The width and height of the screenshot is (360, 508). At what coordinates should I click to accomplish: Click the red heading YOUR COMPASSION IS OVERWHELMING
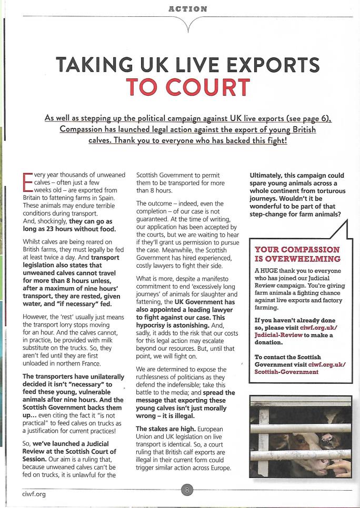tap(297, 254)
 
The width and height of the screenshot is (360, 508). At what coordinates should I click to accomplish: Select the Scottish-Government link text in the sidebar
tap(286, 372)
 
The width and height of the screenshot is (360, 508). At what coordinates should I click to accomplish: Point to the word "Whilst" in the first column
tap(34, 239)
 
